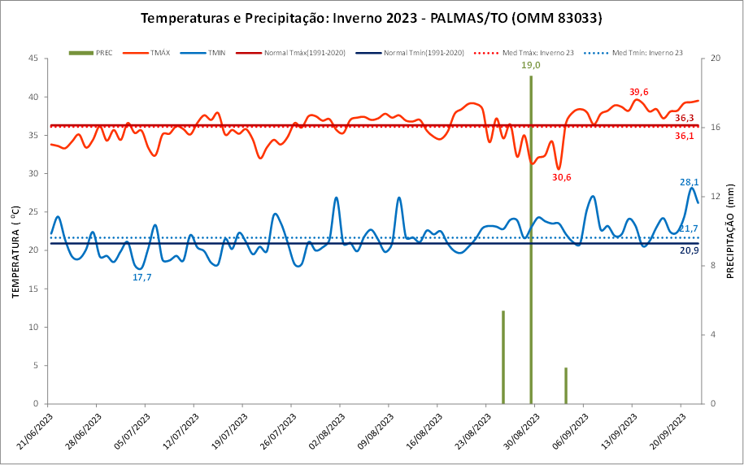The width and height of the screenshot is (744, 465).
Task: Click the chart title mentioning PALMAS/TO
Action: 372,18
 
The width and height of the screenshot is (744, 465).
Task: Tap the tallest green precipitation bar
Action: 531,244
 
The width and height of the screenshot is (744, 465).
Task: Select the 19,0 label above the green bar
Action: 531,65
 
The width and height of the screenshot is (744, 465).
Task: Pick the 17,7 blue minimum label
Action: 142,277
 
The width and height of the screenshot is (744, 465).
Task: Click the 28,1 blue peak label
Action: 689,182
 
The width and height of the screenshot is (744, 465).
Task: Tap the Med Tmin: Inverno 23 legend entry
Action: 638,53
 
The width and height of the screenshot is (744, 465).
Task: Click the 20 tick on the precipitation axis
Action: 714,59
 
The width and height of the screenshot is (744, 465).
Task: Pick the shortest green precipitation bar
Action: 566,385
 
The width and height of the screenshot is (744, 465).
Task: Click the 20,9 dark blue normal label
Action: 688,250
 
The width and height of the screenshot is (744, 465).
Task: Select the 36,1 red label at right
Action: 685,136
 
